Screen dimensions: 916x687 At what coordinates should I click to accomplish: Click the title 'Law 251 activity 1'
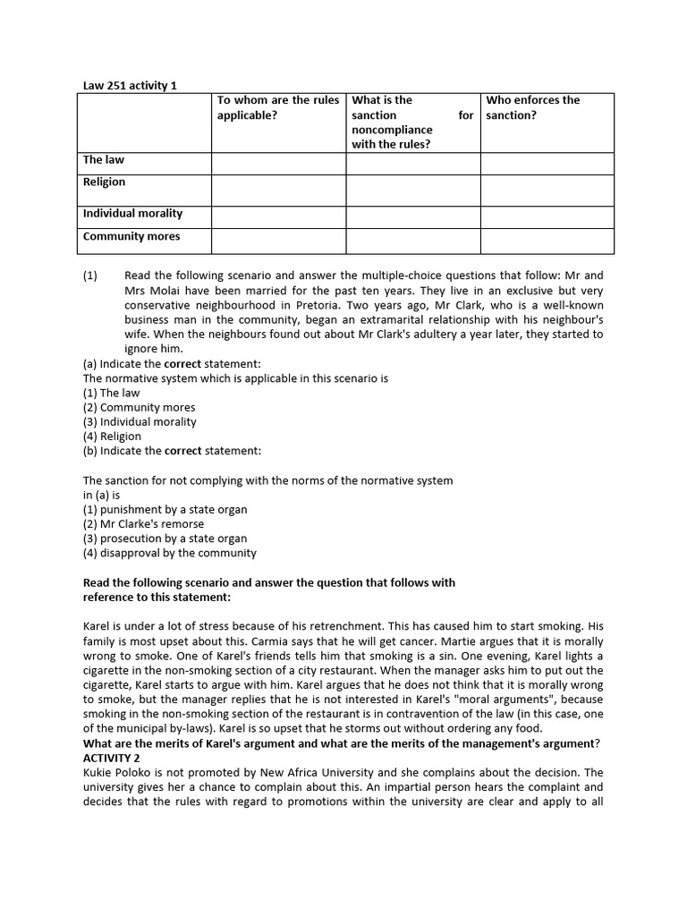point(130,85)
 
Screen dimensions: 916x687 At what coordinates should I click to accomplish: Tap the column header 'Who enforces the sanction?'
point(532,107)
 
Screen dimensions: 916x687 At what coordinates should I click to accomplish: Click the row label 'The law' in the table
point(104,160)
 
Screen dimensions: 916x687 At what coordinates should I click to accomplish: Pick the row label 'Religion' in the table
point(104,182)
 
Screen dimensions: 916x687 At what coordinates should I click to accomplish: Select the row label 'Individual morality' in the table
point(132,214)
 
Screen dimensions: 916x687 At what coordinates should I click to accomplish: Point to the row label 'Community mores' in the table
point(131,237)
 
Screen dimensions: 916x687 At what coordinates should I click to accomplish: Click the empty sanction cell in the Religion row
point(412,190)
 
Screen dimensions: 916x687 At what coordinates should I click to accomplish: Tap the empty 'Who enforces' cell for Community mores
point(547,241)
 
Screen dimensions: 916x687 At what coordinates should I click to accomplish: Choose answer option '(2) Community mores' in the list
point(139,408)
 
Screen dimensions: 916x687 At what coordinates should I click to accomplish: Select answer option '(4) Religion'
point(112,437)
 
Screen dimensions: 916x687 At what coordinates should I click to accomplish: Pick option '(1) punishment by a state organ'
point(165,510)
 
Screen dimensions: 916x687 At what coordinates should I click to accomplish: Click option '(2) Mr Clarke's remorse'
point(143,524)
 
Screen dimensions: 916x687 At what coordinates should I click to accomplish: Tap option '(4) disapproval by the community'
point(169,553)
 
